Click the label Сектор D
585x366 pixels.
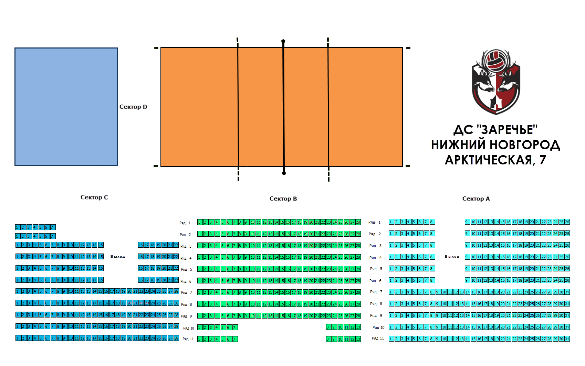[x=133, y=107]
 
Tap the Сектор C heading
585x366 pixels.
[x=94, y=197]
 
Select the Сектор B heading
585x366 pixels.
[x=283, y=199]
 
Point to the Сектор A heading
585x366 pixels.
[x=476, y=199]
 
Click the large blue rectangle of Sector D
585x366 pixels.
[x=66, y=106]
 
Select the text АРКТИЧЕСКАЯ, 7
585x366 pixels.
[x=495, y=160]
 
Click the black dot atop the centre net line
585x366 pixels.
[x=283, y=41]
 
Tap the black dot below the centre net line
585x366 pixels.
[x=284, y=173]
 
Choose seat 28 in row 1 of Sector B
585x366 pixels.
[x=358, y=222]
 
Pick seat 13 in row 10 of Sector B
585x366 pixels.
[x=358, y=327]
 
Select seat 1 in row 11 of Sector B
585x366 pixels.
[x=199, y=339]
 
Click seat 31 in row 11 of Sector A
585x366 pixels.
[x=567, y=339]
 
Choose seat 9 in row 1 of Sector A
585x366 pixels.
[x=467, y=222]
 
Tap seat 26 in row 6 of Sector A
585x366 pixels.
[x=567, y=280]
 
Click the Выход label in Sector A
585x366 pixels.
[x=452, y=257]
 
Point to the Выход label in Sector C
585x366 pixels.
[x=117, y=257]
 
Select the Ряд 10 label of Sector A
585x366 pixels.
[x=378, y=327]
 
